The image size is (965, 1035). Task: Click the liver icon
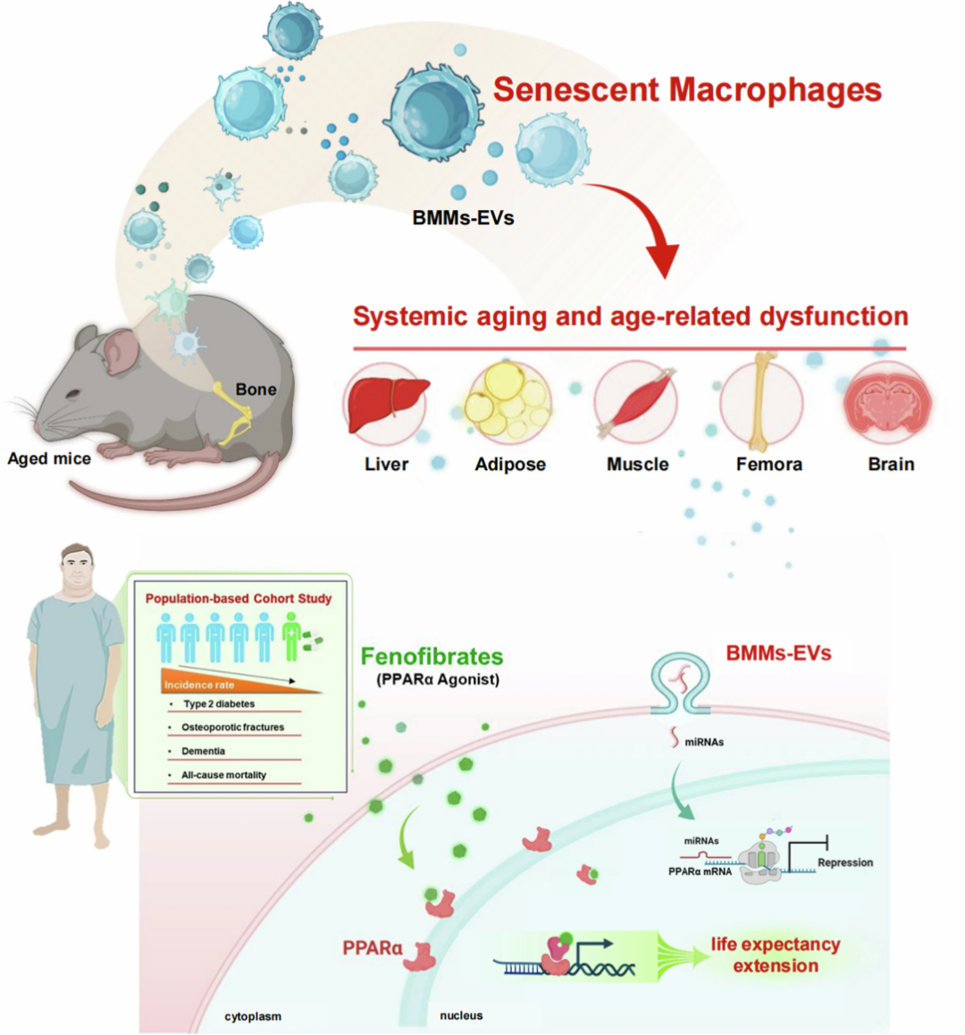pos(388,404)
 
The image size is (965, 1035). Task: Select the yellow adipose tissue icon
pos(508,402)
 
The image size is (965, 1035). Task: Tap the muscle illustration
pos(636,402)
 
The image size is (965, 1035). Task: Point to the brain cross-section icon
pos(888,402)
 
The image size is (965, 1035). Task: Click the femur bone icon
pos(762,401)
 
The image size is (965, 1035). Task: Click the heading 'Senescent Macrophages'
pos(687,89)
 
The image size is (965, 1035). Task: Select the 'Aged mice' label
pos(49,459)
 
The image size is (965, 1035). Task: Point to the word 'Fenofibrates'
pos(432,656)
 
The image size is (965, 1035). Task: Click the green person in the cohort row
pos(290,636)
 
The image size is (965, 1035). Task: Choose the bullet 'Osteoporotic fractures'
pos(232,727)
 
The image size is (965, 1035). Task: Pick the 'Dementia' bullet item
pos(204,751)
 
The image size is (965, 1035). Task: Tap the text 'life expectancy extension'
pos(776,955)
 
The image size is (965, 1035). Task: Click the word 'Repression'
pos(845,862)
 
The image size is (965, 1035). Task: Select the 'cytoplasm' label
pos(253,1016)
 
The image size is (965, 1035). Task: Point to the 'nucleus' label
pos(461,1015)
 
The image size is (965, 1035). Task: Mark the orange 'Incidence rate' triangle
pos(241,681)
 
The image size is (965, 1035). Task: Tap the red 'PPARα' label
pos(373,948)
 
